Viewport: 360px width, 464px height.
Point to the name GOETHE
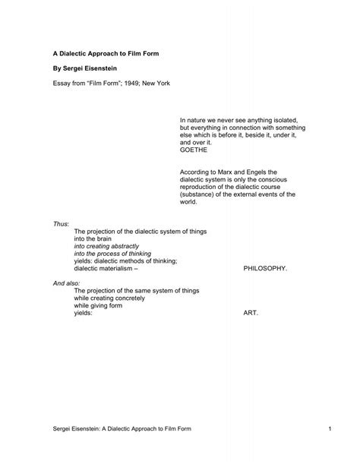(x=194, y=150)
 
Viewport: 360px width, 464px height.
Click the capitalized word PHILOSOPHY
(x=265, y=268)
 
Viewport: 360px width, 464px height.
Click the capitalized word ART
(x=251, y=312)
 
